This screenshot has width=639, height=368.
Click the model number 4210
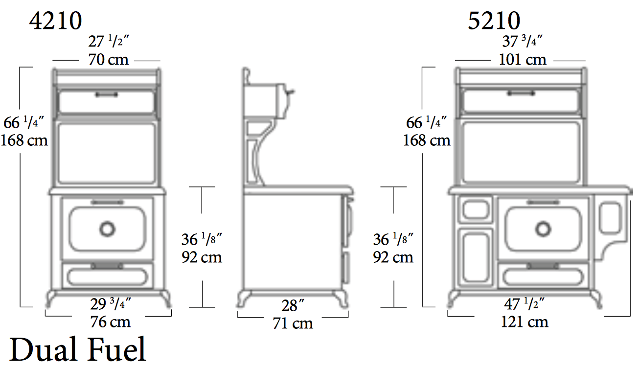click(56, 21)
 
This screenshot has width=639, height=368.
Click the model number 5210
click(494, 21)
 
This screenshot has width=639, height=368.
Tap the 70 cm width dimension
click(109, 60)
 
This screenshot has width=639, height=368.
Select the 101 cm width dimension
click(523, 60)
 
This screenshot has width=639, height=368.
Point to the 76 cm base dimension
click(111, 322)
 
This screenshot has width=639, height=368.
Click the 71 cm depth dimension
click(293, 323)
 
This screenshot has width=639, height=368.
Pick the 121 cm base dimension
click(525, 322)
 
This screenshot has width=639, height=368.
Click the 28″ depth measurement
click(293, 305)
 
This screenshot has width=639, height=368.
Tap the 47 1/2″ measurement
click(525, 304)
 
